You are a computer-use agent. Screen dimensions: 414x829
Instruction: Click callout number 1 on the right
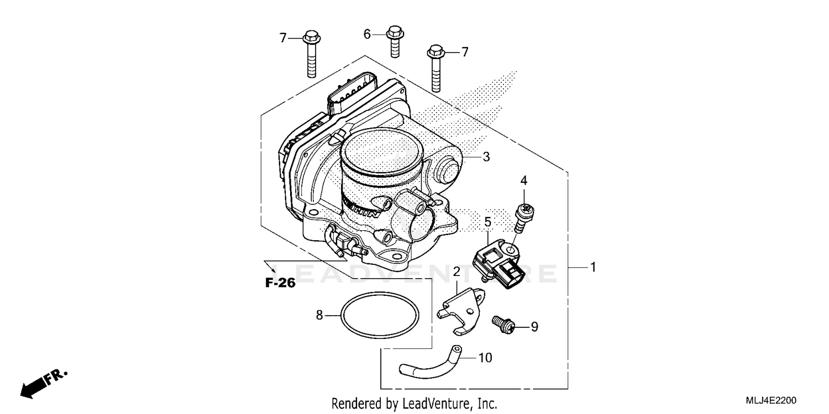(x=592, y=267)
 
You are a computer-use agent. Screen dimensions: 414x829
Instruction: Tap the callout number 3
(x=486, y=157)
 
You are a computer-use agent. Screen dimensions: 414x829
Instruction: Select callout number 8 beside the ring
(x=319, y=315)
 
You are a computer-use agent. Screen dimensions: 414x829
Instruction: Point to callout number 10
(x=485, y=358)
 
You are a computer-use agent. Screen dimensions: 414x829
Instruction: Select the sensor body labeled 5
(x=497, y=263)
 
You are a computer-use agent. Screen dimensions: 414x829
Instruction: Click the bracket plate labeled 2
(x=463, y=312)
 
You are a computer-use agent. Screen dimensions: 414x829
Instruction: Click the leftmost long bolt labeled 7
(x=310, y=55)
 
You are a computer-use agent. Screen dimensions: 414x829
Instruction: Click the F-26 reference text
(x=280, y=283)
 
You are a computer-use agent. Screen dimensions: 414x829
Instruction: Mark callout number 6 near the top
(x=367, y=34)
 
